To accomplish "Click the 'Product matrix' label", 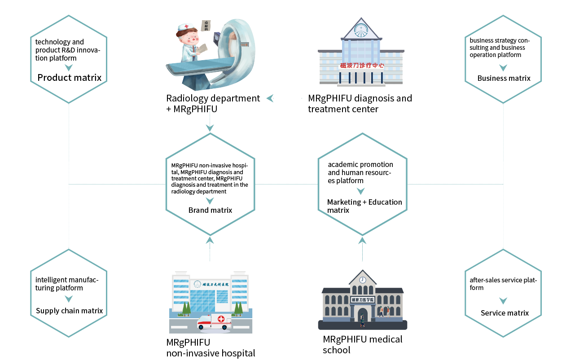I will pos(69,78).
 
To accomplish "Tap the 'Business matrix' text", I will pos(504,78).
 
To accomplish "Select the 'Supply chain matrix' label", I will pos(69,311).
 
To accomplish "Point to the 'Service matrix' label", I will pos(505,313).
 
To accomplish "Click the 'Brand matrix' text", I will pos(210,210).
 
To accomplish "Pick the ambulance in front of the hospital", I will pos(214,321).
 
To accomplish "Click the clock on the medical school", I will pos(362,280).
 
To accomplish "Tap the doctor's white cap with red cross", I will pos(185,28).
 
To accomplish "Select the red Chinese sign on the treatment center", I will pos(362,66).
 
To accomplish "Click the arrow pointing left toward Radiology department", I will pos(270,98).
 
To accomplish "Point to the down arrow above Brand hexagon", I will pos(210,128).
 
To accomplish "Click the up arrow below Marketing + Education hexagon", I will pos(362,240).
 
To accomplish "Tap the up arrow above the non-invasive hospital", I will pos(210,240).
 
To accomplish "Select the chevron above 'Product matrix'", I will pos(69,68).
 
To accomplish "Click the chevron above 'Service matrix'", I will pos(503,301).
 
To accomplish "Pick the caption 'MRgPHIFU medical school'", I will pos(362,344).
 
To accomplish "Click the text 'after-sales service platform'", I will pos(503,284).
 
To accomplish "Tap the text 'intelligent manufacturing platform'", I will pos(67,284).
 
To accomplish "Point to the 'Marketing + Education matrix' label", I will pos(364,206).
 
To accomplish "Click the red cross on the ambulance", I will pos(221,319).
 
